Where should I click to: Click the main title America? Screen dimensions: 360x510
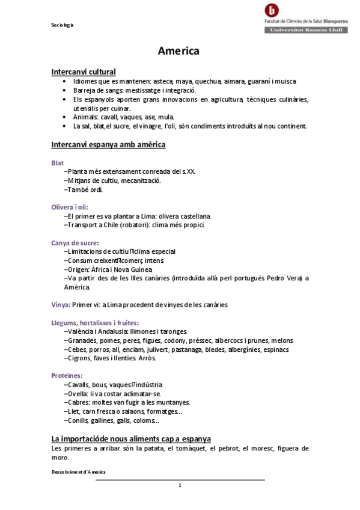coord(178,51)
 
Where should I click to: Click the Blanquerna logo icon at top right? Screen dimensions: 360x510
coord(272,10)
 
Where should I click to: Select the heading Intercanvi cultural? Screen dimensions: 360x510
coord(84,72)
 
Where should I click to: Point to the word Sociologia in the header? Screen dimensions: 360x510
coord(62,25)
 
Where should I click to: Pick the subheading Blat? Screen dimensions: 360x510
coord(58,162)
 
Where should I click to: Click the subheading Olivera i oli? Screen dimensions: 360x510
coord(70,207)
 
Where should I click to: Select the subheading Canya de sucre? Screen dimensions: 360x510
coord(75,242)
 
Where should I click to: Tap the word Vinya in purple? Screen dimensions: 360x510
coord(61,304)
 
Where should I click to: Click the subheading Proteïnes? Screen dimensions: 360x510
coord(67,375)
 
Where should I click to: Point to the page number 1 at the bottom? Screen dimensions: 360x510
coord(180,485)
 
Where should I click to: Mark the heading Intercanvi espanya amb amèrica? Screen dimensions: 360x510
coord(109,145)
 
